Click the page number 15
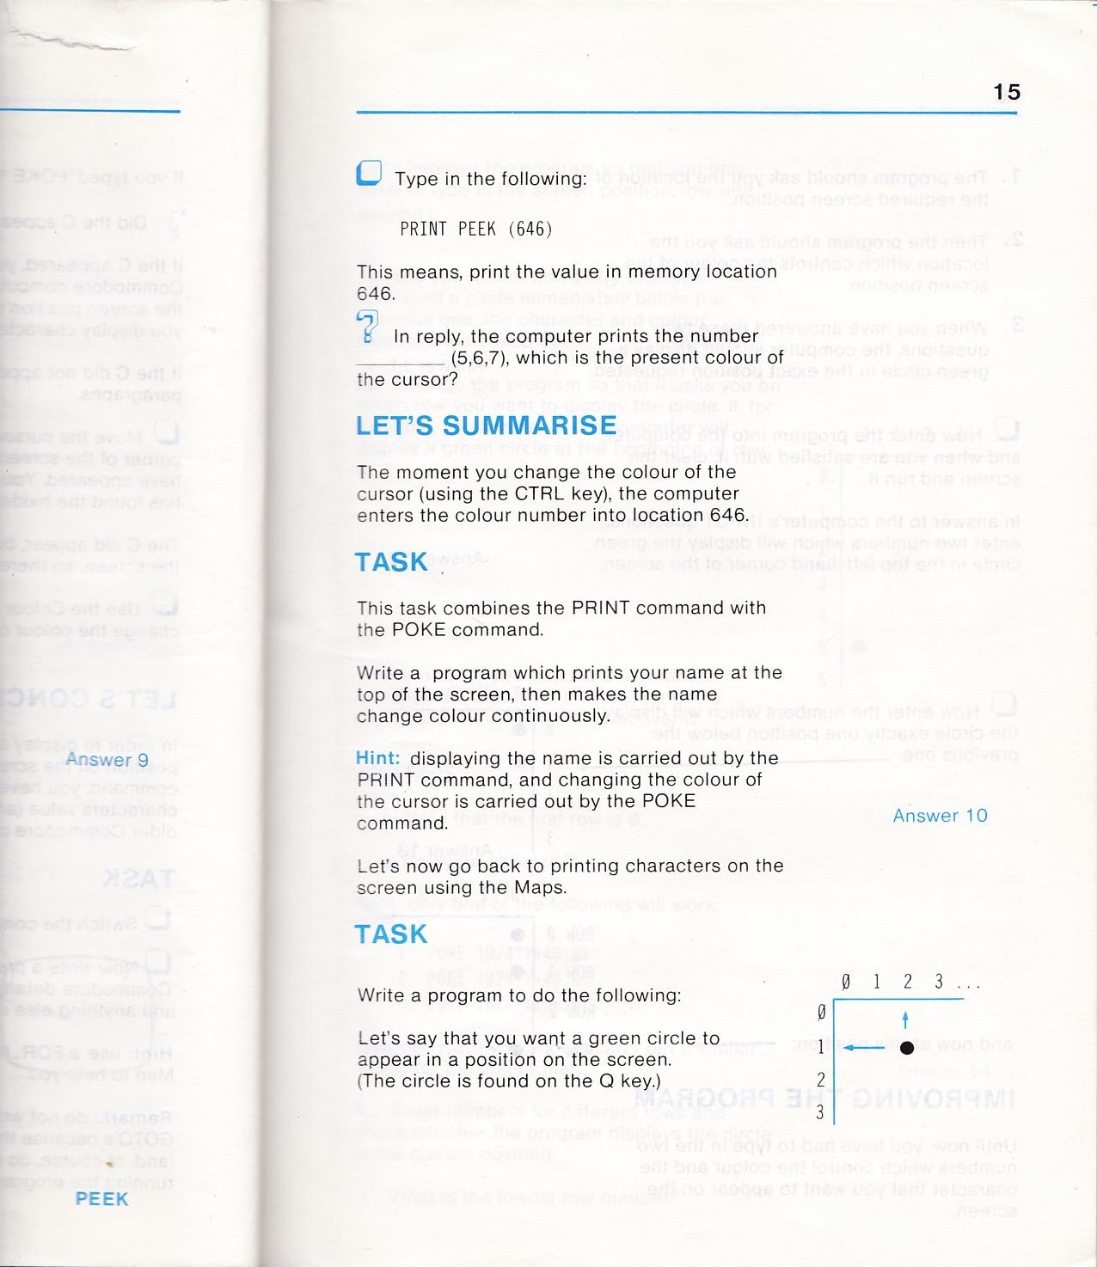pyautogui.click(x=1007, y=92)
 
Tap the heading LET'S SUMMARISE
pyautogui.click(x=486, y=425)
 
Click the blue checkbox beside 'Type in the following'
pyautogui.click(x=369, y=174)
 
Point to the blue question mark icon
pyautogui.click(x=367, y=327)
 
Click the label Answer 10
pyautogui.click(x=940, y=816)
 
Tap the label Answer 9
pyautogui.click(x=107, y=759)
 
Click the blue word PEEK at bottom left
pyautogui.click(x=101, y=1198)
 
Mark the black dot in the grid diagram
pyautogui.click(x=906, y=1047)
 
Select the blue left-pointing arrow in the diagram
pyautogui.click(x=865, y=1047)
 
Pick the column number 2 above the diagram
pyautogui.click(x=907, y=982)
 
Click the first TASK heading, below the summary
pyautogui.click(x=391, y=562)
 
